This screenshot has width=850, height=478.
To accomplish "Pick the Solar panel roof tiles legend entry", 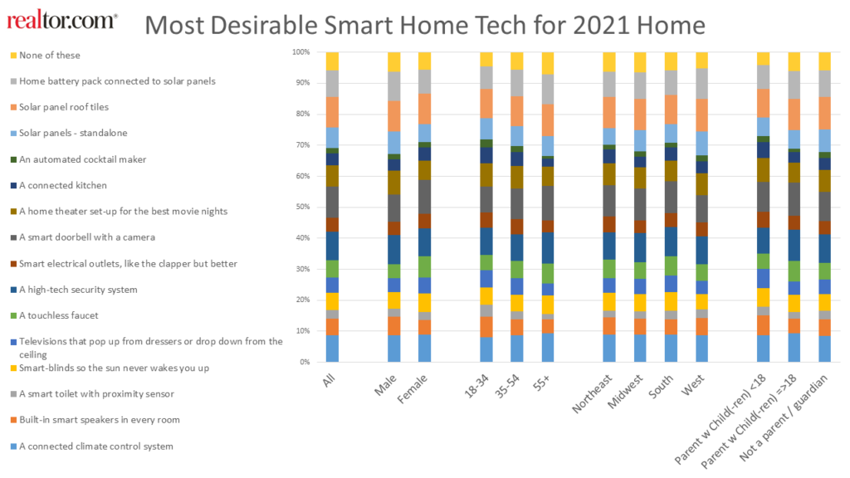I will (64, 107).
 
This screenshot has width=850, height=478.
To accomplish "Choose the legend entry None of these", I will (50, 56).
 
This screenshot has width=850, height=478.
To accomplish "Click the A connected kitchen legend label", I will (62, 185).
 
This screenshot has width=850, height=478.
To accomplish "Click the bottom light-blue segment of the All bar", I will (332, 349).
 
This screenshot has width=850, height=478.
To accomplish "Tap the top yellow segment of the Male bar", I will (394, 61).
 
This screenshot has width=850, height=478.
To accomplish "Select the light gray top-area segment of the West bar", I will (702, 84).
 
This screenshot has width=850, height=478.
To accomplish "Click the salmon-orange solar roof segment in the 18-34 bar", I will (487, 103).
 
